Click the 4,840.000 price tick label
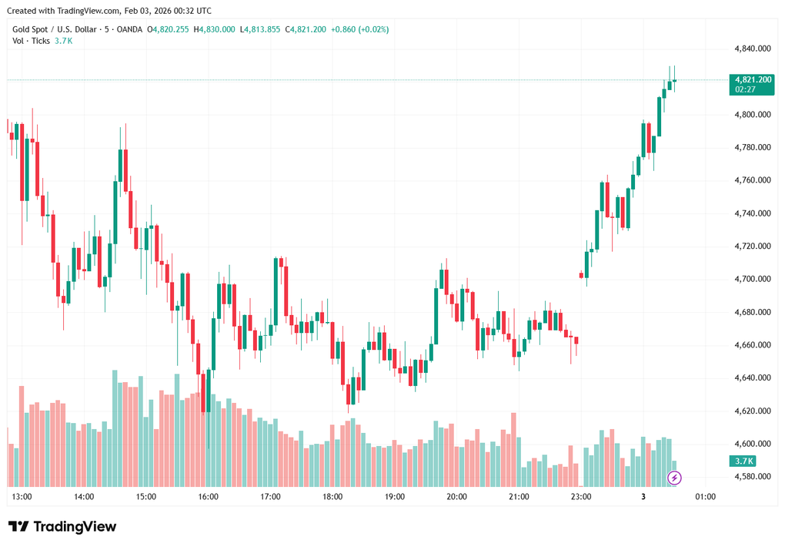coord(753,49)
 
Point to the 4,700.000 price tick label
coord(753,279)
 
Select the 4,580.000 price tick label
coord(753,477)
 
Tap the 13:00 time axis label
coord(22,497)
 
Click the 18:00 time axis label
coord(332,497)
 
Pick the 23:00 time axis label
coord(581,497)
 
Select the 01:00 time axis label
coord(705,497)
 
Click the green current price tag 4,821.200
coord(753,79)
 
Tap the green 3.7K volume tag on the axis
coord(744,461)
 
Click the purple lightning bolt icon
coord(675,478)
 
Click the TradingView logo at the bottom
coord(62,526)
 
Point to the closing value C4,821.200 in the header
coord(306,29)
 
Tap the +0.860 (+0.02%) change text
coord(359,29)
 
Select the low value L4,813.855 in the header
coord(260,29)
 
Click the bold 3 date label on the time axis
coord(643,497)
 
